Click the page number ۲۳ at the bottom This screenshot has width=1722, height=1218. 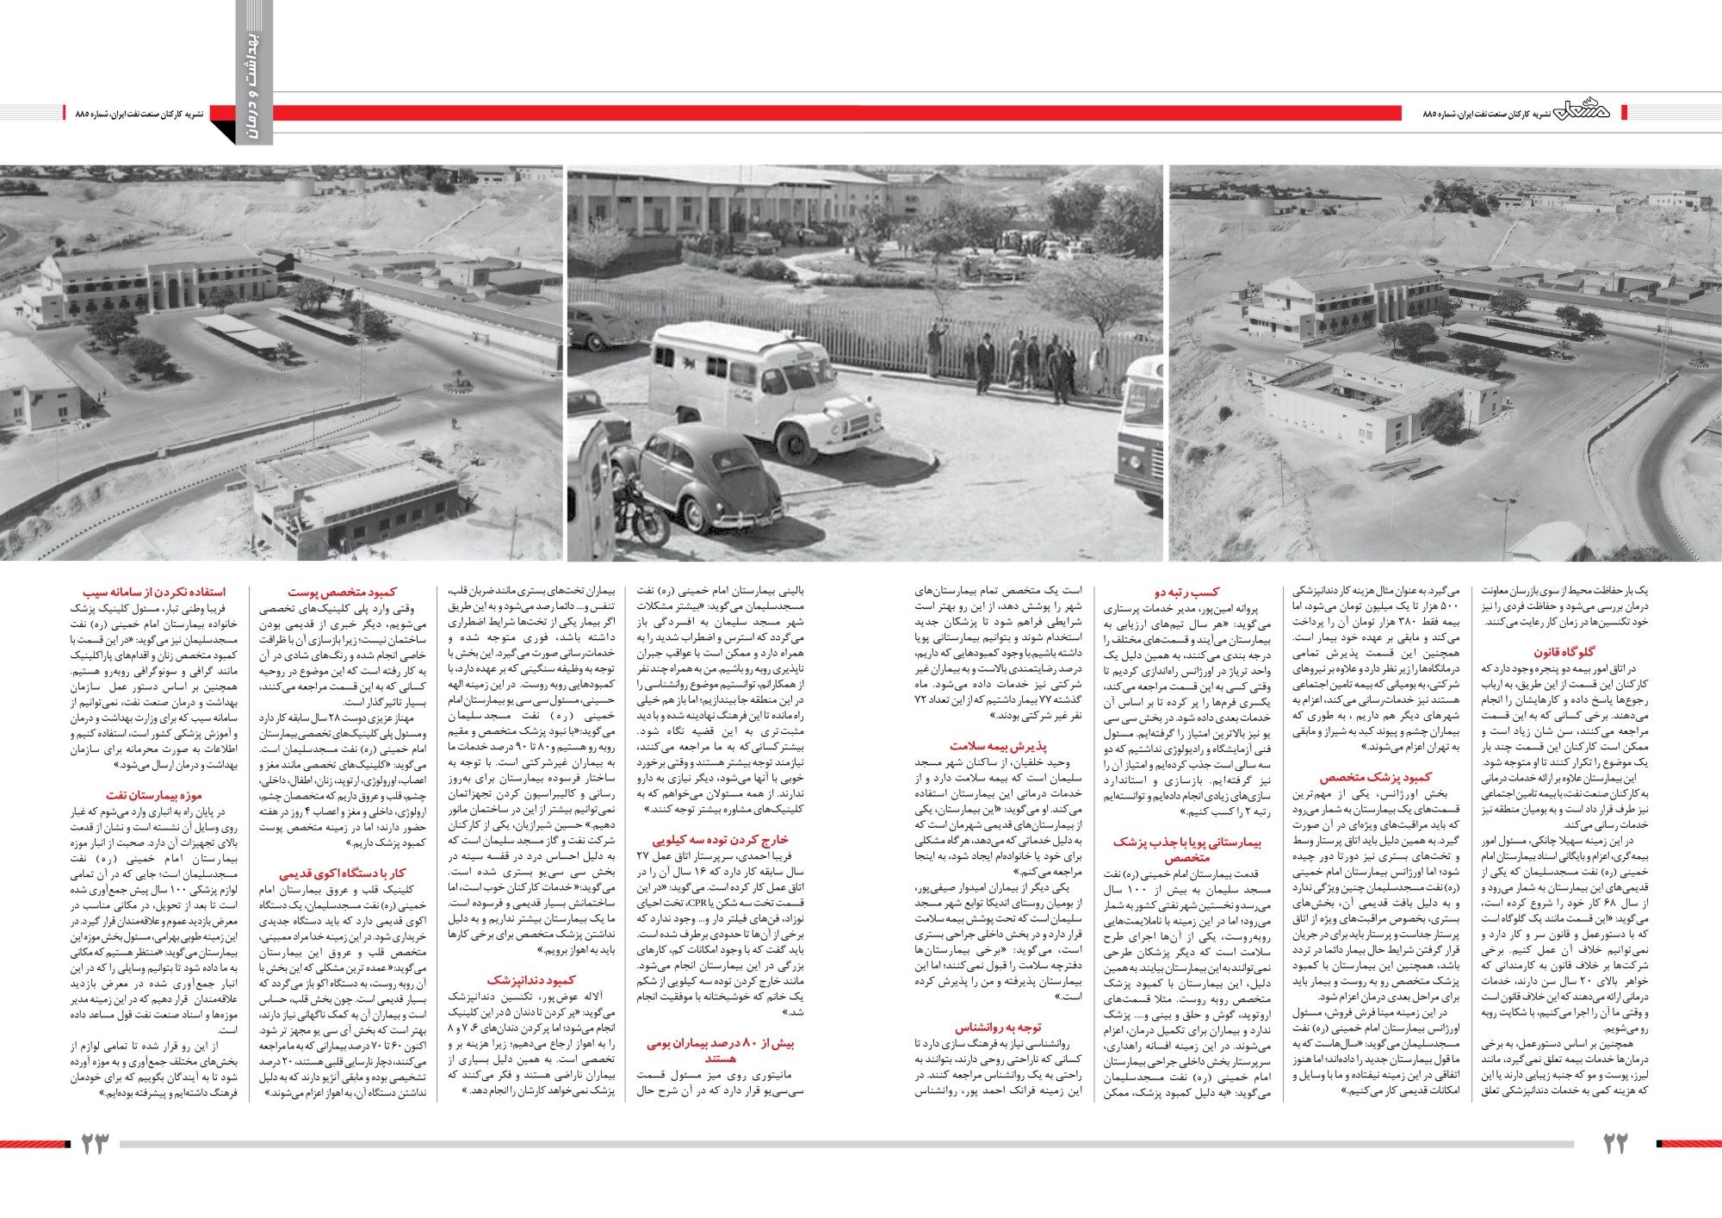click(96, 1144)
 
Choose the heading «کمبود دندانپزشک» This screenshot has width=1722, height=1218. click(526, 979)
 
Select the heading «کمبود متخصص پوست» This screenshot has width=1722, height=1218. click(342, 592)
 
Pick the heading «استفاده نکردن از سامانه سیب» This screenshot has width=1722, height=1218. click(154, 592)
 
